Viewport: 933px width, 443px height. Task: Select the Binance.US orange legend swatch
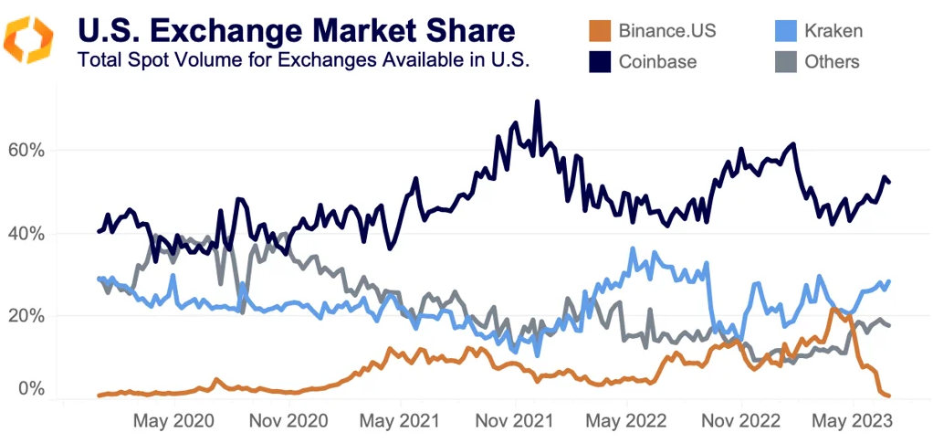tap(598, 31)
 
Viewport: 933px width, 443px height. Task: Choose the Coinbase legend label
tap(657, 62)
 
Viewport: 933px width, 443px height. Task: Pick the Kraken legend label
tap(833, 31)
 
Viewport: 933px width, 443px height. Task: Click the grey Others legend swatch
tap(784, 62)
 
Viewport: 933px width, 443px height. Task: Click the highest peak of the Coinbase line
tap(537, 101)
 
